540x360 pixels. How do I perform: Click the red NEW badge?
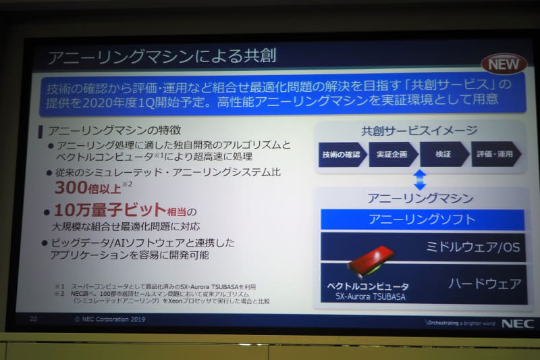pos(503,64)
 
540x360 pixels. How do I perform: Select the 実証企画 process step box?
pos(392,154)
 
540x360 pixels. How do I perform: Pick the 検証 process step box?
pos(443,154)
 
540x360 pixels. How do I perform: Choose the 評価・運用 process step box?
pos(495,154)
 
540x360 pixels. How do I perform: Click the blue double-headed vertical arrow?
pos(420,180)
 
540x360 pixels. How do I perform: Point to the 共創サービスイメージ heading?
pos(419,131)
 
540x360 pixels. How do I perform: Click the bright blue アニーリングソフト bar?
pos(422,220)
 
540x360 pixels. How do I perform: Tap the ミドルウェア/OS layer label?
pos(473,247)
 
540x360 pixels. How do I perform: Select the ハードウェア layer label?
pos(485,283)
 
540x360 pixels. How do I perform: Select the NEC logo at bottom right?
pos(516,324)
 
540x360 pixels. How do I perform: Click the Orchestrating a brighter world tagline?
pos(459,323)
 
